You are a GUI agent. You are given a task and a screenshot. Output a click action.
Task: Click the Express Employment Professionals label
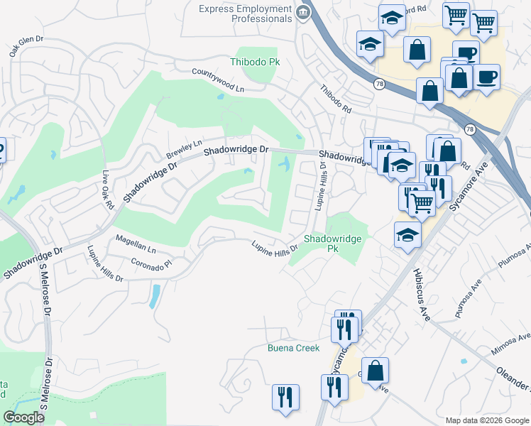(x=245, y=13)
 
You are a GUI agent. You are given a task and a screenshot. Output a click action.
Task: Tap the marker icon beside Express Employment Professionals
(x=303, y=11)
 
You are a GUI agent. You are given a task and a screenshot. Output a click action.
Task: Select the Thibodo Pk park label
(x=255, y=62)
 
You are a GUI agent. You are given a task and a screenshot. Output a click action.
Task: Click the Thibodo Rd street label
(x=335, y=100)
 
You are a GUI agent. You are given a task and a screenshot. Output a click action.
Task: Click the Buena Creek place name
(x=293, y=348)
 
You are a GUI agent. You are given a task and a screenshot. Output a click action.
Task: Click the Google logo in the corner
(x=23, y=417)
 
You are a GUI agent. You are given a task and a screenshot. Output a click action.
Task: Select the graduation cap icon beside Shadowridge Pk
(x=407, y=235)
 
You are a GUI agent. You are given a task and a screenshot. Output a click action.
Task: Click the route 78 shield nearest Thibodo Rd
(x=380, y=84)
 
